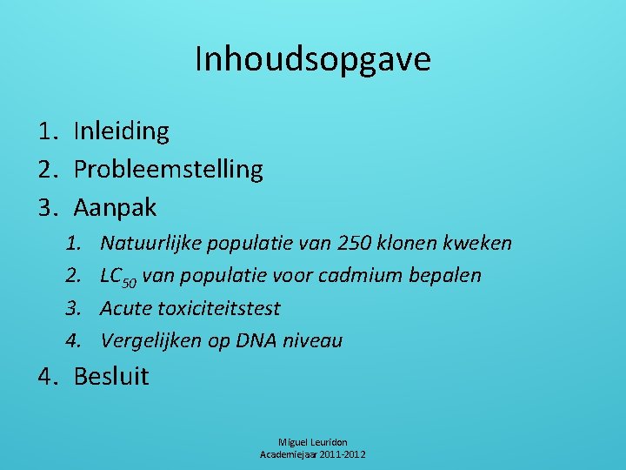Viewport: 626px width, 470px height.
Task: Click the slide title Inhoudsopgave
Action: click(x=312, y=60)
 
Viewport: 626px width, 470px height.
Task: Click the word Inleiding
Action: click(x=122, y=131)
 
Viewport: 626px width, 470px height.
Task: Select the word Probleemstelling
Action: click(x=168, y=169)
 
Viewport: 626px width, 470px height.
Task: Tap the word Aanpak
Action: click(x=116, y=207)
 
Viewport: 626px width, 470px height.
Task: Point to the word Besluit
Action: click(x=111, y=376)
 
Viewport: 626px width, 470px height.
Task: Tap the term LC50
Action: click(x=118, y=276)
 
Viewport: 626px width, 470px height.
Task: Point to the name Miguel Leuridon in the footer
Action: click(x=313, y=442)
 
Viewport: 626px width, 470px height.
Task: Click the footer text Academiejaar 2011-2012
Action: click(x=313, y=454)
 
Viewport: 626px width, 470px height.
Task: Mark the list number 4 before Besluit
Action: click(x=45, y=376)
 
